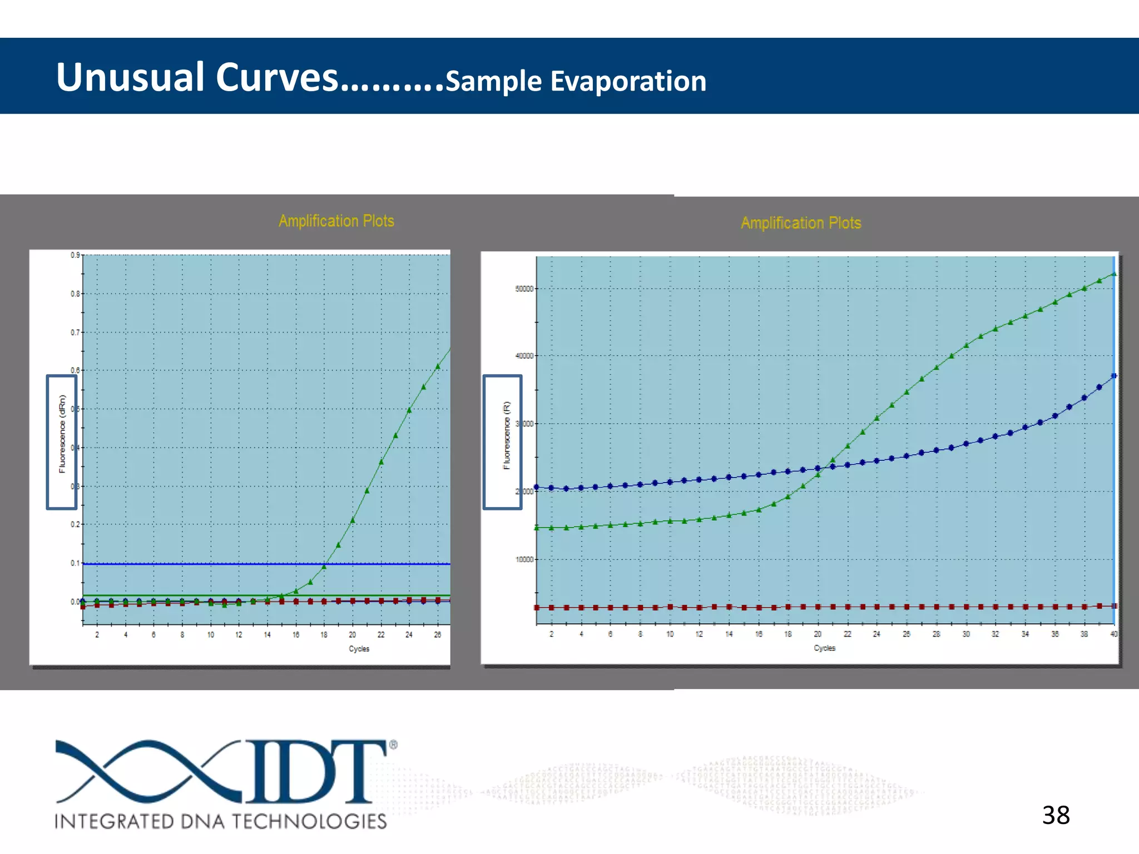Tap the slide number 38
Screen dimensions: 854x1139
coord(1056,815)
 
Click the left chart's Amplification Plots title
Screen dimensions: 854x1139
coord(336,221)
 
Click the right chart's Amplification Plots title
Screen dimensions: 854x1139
coord(800,223)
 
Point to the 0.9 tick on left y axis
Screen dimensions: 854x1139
coord(75,255)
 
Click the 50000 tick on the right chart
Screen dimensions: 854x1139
coord(524,289)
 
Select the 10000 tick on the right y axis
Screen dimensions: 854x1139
coord(524,559)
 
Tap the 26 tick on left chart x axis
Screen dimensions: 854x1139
coord(438,634)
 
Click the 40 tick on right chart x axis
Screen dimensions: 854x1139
coord(1113,634)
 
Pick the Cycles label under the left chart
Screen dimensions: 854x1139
coord(359,648)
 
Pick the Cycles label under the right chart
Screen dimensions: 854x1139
coord(824,648)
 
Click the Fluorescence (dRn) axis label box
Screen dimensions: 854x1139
coord(62,442)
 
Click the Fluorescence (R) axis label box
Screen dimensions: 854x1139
coord(502,442)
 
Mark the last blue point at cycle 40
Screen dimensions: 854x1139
coord(1113,376)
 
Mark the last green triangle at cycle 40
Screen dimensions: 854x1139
coord(1113,274)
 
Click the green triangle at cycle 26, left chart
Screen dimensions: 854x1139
coord(438,366)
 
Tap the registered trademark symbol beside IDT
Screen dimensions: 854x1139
coord(393,744)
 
